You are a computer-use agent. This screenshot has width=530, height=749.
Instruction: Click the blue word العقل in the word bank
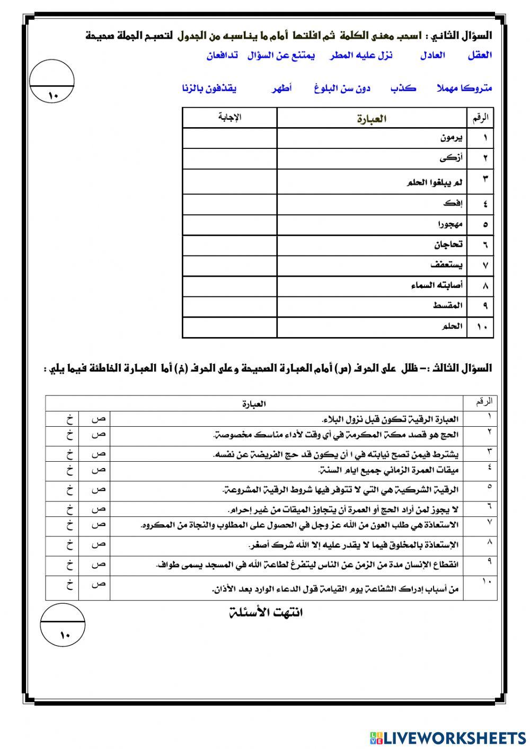(480, 55)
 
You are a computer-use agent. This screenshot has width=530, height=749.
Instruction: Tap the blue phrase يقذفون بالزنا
(209, 89)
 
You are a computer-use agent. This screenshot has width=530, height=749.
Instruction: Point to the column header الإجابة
(229, 118)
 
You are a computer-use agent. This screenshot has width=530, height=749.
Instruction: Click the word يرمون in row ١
(452, 138)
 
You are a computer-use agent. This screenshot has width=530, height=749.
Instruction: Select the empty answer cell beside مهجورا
(229, 225)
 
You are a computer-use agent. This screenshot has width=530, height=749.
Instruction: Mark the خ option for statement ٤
(69, 470)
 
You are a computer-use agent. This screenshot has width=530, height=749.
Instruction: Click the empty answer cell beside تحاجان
(229, 244)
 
